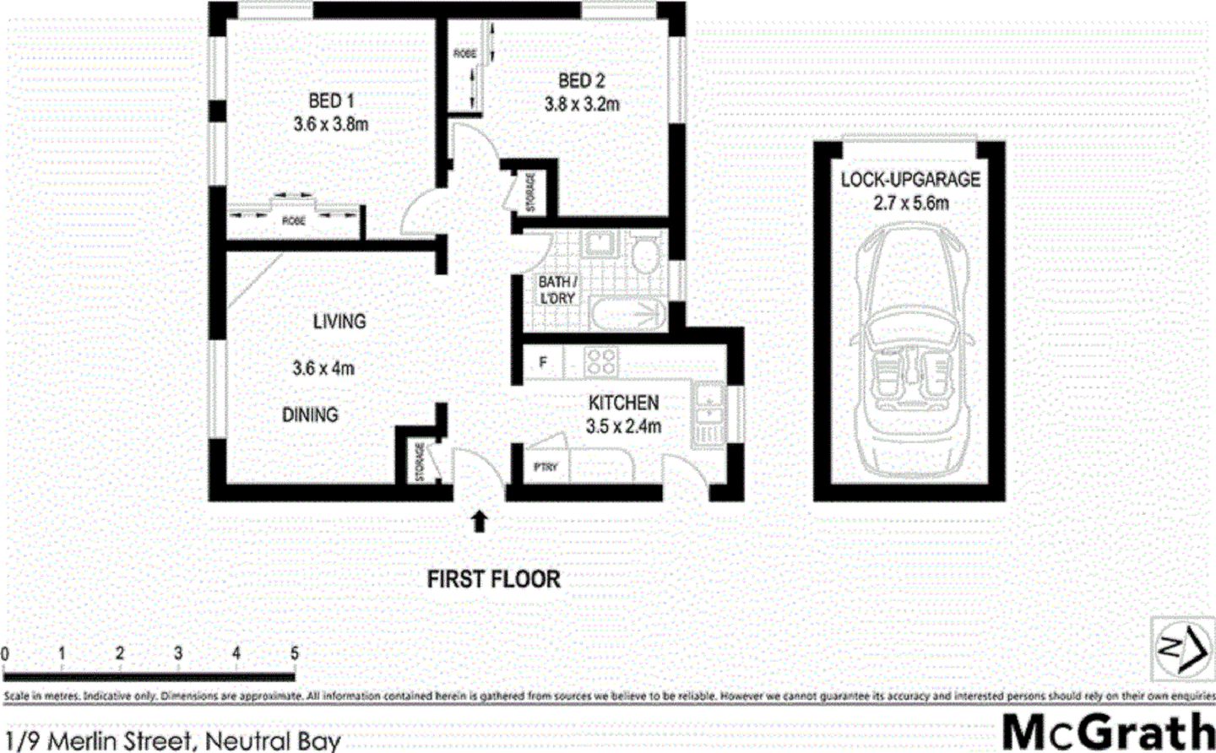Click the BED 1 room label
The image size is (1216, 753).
[x=325, y=101]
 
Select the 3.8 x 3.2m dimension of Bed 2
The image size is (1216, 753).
[x=581, y=105]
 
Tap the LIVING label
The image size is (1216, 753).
[x=339, y=322]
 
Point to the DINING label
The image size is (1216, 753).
[x=310, y=414]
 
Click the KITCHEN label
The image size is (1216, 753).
[x=623, y=403]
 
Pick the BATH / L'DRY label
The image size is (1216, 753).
[x=557, y=290]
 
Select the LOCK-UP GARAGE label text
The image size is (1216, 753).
[x=909, y=180]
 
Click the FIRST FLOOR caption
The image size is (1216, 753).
[x=493, y=579]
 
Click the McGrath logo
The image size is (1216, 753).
[x=1106, y=731]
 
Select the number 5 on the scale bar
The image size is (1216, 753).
[x=294, y=653]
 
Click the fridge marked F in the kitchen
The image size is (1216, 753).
[x=543, y=363]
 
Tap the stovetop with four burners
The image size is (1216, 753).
[x=601, y=362]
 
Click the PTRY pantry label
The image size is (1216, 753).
[x=546, y=467]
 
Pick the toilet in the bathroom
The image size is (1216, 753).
[x=647, y=252]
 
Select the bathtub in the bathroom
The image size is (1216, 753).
[x=626, y=315]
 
